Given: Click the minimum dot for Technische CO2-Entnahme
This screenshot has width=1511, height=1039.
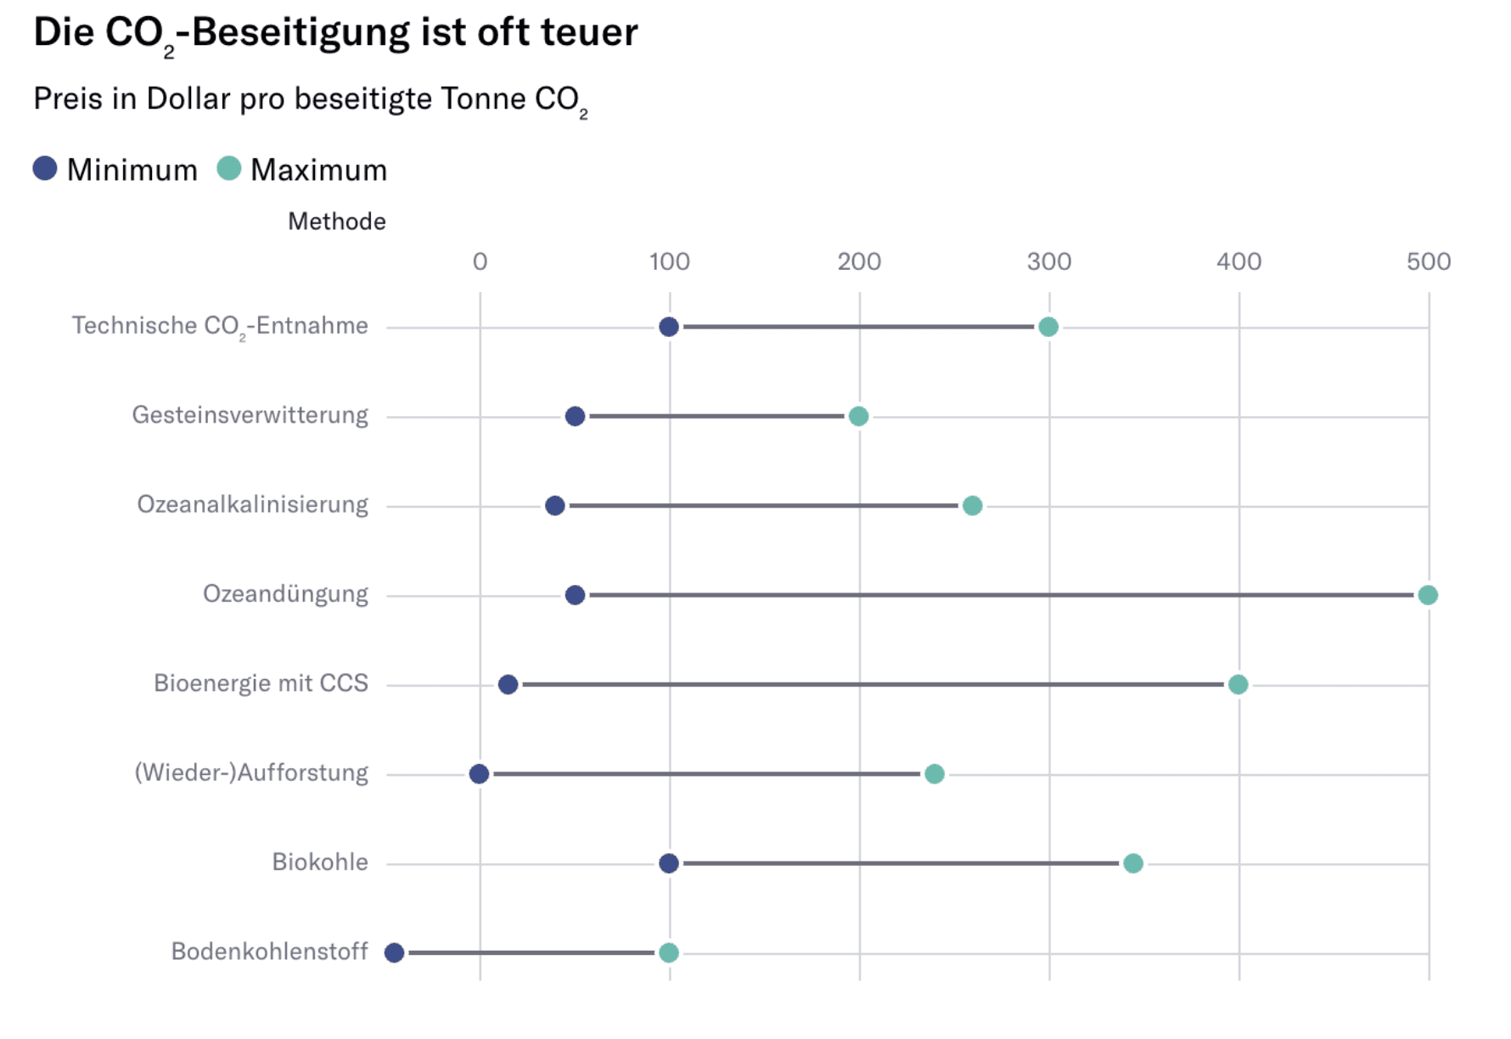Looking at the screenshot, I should click(669, 327).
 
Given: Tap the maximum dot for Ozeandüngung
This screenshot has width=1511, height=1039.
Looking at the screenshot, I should click(1428, 595).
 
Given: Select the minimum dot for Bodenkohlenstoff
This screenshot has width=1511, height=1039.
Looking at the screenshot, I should click(394, 952).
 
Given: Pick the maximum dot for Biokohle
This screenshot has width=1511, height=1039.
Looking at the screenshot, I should click(1133, 863).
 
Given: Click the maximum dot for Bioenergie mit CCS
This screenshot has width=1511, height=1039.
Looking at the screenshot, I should click(1238, 684).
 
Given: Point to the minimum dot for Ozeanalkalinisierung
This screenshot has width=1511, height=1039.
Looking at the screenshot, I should click(555, 506).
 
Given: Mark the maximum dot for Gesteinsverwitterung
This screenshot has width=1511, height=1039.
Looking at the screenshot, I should click(858, 416).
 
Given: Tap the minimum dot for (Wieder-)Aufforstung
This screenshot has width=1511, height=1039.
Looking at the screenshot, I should click(479, 774).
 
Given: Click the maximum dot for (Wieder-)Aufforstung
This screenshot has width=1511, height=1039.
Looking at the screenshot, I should click(935, 774).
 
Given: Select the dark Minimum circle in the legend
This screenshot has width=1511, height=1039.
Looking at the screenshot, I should click(45, 169).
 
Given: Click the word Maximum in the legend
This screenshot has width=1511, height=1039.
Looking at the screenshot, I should click(318, 171).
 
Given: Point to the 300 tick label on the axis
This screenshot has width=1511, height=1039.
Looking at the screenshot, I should click(1049, 261).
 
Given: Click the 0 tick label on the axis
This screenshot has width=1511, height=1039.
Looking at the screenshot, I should click(480, 261).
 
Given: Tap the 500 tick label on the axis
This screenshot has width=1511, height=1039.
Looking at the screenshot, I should click(1428, 261).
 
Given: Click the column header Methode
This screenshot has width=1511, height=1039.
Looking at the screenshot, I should click(337, 222).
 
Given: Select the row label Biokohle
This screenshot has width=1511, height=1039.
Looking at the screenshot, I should click(320, 862).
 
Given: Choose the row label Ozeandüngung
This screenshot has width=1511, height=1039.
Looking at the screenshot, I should click(285, 594).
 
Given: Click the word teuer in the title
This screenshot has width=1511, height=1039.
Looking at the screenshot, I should click(589, 32).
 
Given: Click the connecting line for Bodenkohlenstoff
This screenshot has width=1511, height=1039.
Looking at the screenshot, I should click(531, 952).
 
